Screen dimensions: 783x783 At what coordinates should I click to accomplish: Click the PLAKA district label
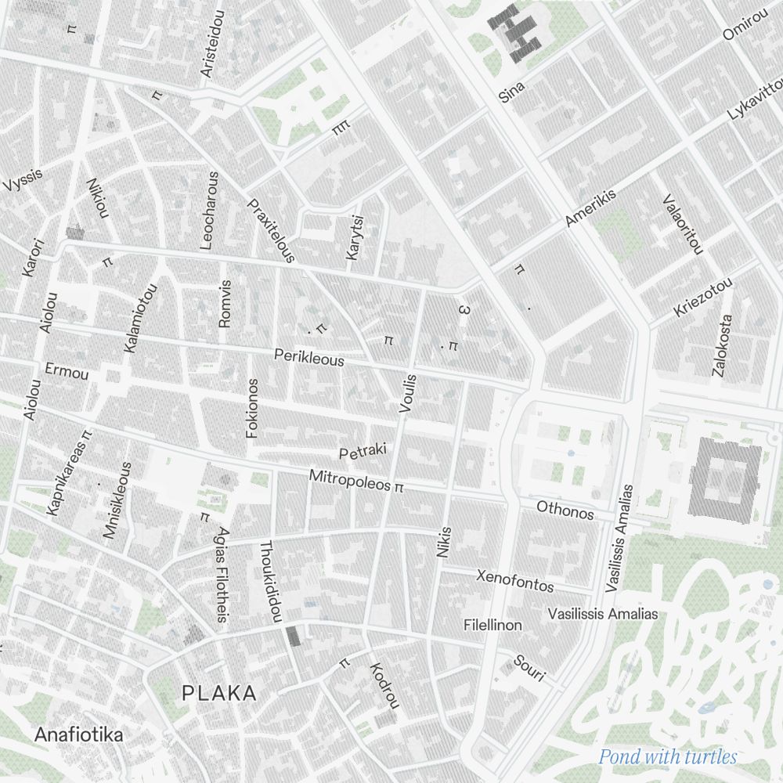click(x=218, y=693)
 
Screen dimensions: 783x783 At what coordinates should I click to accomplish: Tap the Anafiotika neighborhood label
click(x=78, y=735)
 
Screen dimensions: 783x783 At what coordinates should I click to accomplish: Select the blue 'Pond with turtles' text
click(x=668, y=756)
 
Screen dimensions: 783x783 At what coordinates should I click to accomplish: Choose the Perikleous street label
click(x=309, y=358)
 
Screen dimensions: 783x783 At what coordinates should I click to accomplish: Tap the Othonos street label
click(x=565, y=510)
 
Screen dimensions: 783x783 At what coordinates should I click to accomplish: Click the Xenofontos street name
click(x=514, y=580)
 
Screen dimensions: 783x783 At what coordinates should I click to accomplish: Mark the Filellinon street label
click(x=493, y=625)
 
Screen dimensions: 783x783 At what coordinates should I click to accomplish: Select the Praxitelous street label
click(x=271, y=230)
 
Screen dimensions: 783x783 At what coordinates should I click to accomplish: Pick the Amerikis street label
click(x=590, y=208)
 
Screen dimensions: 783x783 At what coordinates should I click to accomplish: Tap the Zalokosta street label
click(x=722, y=345)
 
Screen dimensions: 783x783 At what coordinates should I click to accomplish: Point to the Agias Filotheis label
click(x=222, y=575)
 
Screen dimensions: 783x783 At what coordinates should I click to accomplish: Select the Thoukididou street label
click(x=270, y=581)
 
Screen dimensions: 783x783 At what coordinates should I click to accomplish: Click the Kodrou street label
click(x=384, y=685)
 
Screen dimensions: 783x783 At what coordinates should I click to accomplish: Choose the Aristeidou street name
click(x=211, y=44)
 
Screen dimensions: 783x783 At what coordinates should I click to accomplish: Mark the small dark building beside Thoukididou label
click(x=293, y=635)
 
